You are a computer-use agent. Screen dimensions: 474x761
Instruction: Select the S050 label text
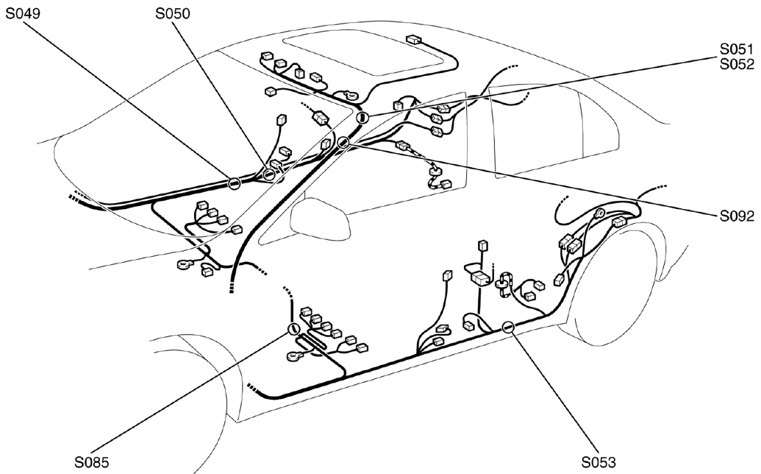(x=174, y=13)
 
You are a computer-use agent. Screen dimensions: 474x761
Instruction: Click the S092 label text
(x=737, y=217)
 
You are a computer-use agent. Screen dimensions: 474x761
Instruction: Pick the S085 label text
(x=93, y=463)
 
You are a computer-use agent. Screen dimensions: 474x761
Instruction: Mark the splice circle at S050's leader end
(x=269, y=174)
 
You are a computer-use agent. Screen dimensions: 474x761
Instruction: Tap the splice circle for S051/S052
(x=361, y=118)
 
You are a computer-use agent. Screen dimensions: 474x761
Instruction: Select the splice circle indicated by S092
(x=343, y=143)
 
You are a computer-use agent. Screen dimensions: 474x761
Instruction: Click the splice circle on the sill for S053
(x=507, y=328)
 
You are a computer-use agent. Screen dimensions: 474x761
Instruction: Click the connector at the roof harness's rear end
(x=412, y=40)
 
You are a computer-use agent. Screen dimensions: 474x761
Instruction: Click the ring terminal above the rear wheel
(x=601, y=213)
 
